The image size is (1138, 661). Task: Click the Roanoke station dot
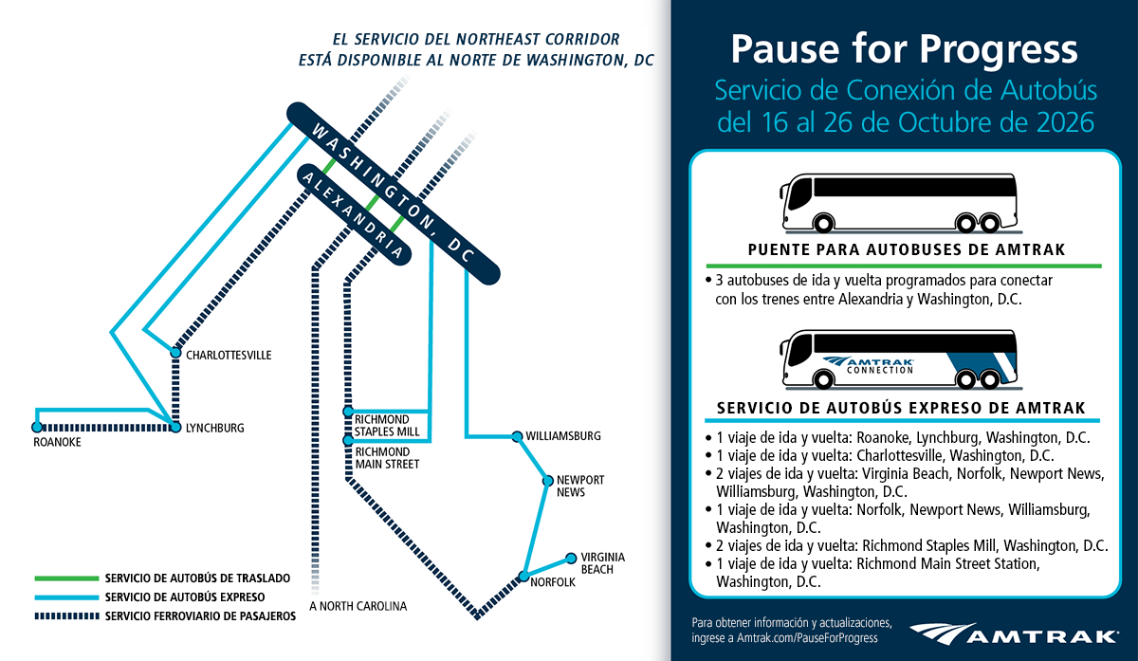(x=37, y=428)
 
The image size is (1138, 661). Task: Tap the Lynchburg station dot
(x=175, y=428)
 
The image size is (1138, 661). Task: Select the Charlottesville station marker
(x=175, y=353)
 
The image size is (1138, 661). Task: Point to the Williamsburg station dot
(x=517, y=436)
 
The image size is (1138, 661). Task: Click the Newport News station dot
(x=548, y=481)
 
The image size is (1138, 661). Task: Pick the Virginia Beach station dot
(x=571, y=559)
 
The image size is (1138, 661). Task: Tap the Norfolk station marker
(x=523, y=577)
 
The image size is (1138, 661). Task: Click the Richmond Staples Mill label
(x=387, y=426)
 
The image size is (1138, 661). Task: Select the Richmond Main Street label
(x=387, y=458)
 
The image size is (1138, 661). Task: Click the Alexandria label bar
(x=354, y=214)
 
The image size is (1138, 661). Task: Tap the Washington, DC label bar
(x=394, y=193)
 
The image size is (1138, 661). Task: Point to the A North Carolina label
(x=358, y=606)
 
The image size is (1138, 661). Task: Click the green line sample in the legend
(x=66, y=578)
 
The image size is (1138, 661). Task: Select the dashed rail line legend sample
(x=66, y=616)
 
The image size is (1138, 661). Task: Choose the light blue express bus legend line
(x=66, y=597)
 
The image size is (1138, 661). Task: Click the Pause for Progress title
(x=905, y=49)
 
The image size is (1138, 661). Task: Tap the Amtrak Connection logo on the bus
(x=869, y=365)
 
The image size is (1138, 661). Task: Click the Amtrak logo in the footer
(x=1014, y=634)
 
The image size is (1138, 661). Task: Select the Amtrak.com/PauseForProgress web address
(x=807, y=638)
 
